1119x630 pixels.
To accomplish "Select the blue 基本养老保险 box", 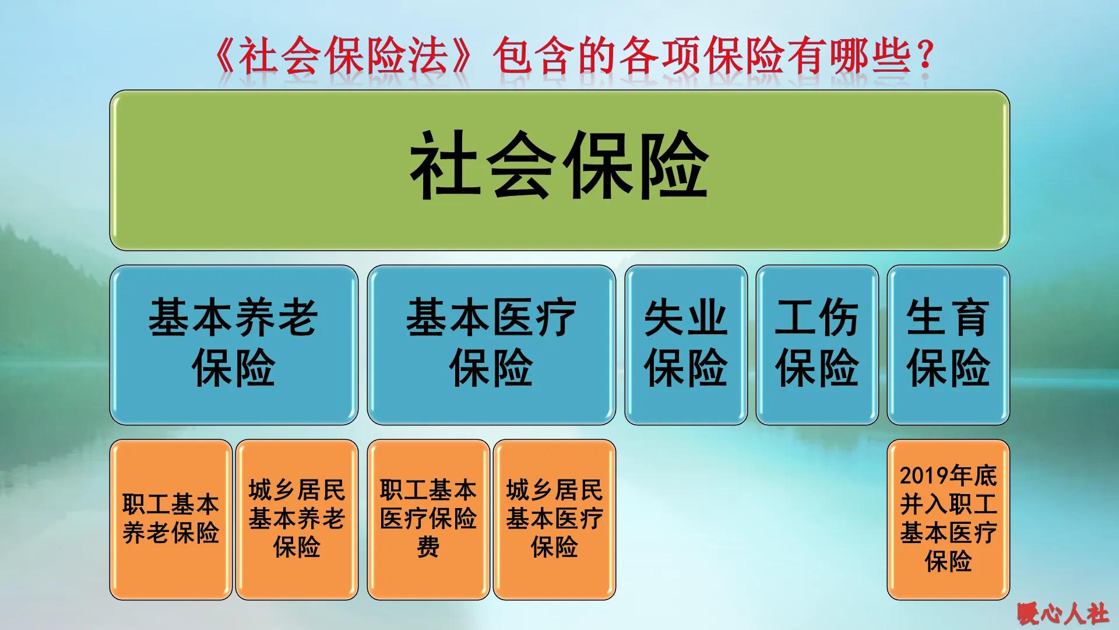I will click(233, 344).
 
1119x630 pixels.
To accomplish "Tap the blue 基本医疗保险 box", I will click(491, 344).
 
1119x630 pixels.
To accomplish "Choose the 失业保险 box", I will click(685, 344).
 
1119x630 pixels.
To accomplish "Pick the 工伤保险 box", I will click(817, 344).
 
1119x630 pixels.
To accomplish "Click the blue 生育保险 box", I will click(948, 344).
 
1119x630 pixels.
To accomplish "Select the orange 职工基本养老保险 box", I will click(171, 519).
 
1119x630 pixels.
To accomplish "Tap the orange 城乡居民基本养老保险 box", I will click(297, 519).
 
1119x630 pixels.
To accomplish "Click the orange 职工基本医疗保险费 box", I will click(428, 519).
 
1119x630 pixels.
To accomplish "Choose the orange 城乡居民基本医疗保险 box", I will click(554, 519).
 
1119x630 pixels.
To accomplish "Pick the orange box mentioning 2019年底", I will click(948, 519).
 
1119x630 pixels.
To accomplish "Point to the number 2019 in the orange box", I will click(921, 476).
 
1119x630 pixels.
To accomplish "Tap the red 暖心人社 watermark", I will click(1063, 614).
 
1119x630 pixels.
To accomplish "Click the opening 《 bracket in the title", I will click(224, 57).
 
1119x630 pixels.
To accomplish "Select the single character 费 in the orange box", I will click(428, 548).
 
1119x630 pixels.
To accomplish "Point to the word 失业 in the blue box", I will click(685, 318).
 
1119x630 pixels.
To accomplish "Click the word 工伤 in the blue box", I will click(817, 318).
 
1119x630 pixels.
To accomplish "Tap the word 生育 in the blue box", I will click(948, 318).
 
